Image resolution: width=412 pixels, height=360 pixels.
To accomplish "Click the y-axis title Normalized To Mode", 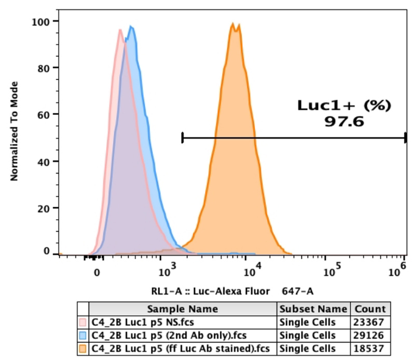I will [x=15, y=131].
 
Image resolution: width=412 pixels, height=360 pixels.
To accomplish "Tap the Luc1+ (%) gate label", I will [x=343, y=105].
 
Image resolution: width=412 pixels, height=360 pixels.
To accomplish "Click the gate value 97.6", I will [x=343, y=122].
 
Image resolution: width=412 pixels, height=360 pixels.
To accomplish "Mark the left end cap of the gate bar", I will [x=183, y=138].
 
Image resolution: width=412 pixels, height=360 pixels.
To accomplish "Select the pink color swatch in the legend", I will [x=83, y=322].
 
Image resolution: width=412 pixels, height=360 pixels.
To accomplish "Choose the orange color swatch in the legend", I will [x=83, y=348].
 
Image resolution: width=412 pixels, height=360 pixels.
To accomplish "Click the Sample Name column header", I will [x=183, y=309].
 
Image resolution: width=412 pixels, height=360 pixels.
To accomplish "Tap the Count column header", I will [x=370, y=309].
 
